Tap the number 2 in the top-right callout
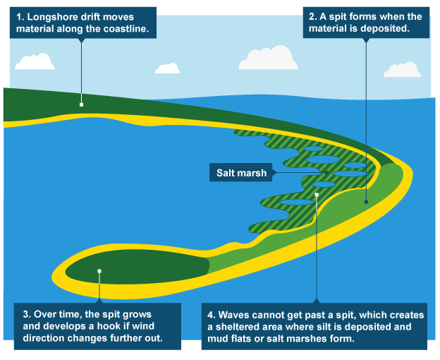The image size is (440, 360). point(312,15)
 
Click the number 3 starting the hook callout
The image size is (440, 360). point(25,313)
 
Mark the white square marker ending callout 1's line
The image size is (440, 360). point(81,104)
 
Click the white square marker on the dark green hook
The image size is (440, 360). point(100,270)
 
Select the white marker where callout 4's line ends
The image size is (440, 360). point(317,193)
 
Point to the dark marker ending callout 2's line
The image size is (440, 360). point(366,202)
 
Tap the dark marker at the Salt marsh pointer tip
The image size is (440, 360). point(326,173)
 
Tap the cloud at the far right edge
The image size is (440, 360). point(402,69)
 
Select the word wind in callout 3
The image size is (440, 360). point(152,325)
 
